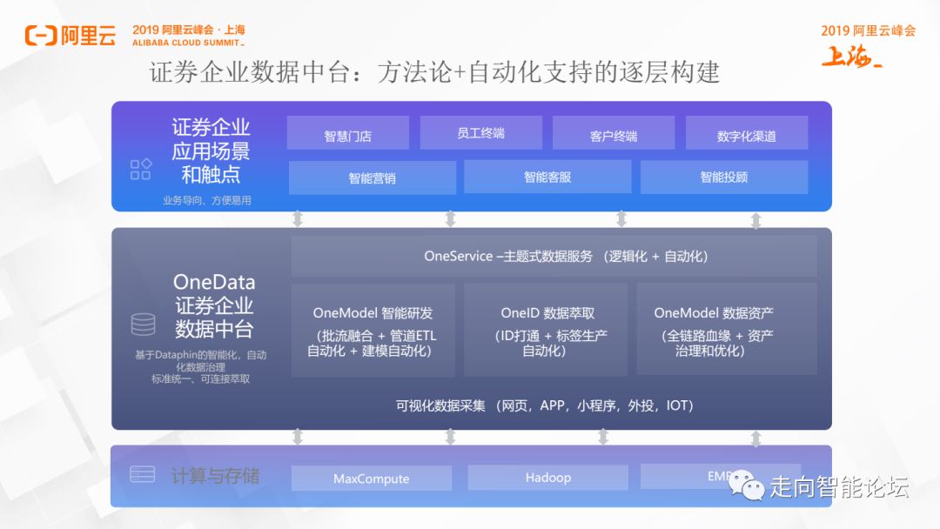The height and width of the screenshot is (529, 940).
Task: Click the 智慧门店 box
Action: [x=347, y=135]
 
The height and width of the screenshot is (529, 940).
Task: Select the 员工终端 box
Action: [x=480, y=133]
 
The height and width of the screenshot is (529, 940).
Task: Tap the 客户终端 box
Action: [x=614, y=134]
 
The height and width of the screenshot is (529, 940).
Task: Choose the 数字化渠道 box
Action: [x=747, y=134]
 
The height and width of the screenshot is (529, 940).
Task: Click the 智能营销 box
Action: [x=372, y=177]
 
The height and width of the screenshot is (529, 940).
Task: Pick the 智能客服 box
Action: [x=547, y=177]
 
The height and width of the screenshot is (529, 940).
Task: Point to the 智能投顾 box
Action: [x=724, y=177]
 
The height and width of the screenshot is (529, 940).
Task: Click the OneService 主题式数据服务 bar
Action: [x=554, y=256]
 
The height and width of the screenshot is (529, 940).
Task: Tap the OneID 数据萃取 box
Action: [x=546, y=330]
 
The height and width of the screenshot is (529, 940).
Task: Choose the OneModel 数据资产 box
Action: [x=727, y=330]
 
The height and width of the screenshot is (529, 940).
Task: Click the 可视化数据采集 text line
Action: [x=544, y=405]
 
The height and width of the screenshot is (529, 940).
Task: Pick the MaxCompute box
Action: [x=372, y=479]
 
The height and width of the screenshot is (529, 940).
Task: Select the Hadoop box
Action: [x=548, y=478]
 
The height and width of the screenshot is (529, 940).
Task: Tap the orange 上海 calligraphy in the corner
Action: [x=851, y=56]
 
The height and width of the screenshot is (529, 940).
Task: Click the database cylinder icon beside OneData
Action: [x=143, y=325]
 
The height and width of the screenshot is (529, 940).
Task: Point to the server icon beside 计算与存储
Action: [x=142, y=474]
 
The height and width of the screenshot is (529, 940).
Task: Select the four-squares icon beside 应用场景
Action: [x=140, y=169]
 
